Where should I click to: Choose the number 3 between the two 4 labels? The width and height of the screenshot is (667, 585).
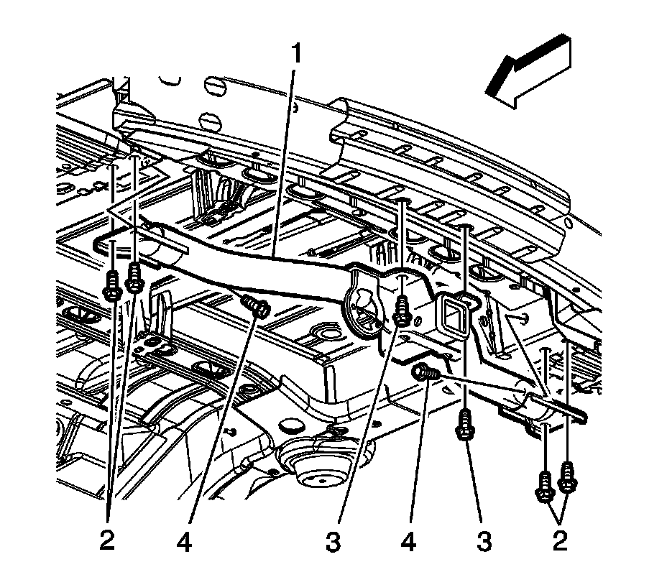tap(332, 540)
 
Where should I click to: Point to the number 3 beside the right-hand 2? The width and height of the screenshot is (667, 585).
tap(485, 540)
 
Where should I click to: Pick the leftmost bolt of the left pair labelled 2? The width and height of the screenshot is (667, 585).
tap(113, 285)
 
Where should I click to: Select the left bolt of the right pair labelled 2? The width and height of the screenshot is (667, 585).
tap(545, 487)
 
